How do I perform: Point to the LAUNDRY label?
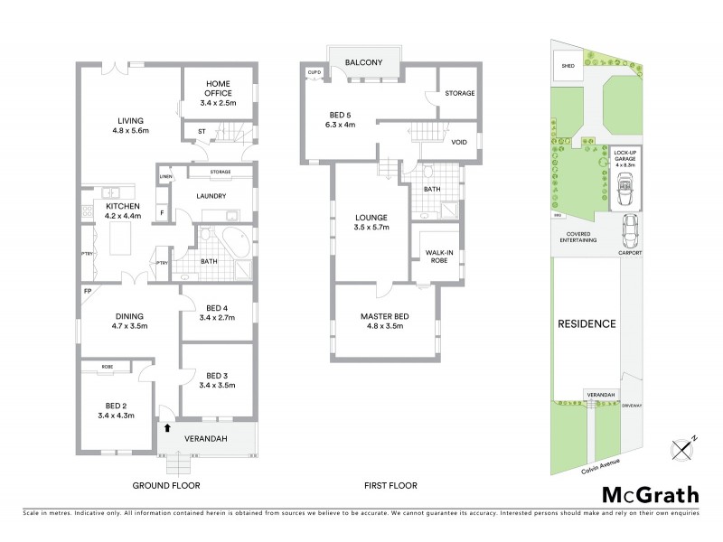[x=211, y=196]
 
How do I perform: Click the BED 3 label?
[x=217, y=380]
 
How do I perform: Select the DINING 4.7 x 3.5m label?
[x=129, y=322]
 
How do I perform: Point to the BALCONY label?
[x=364, y=62]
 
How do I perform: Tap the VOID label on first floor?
[x=458, y=142]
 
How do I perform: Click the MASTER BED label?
[x=384, y=322]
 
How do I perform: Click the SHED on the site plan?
[x=568, y=66]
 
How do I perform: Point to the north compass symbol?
[x=682, y=448]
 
